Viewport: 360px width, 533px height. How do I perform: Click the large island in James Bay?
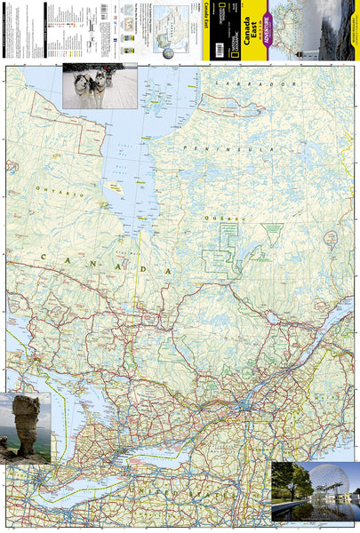coord(113,187)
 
